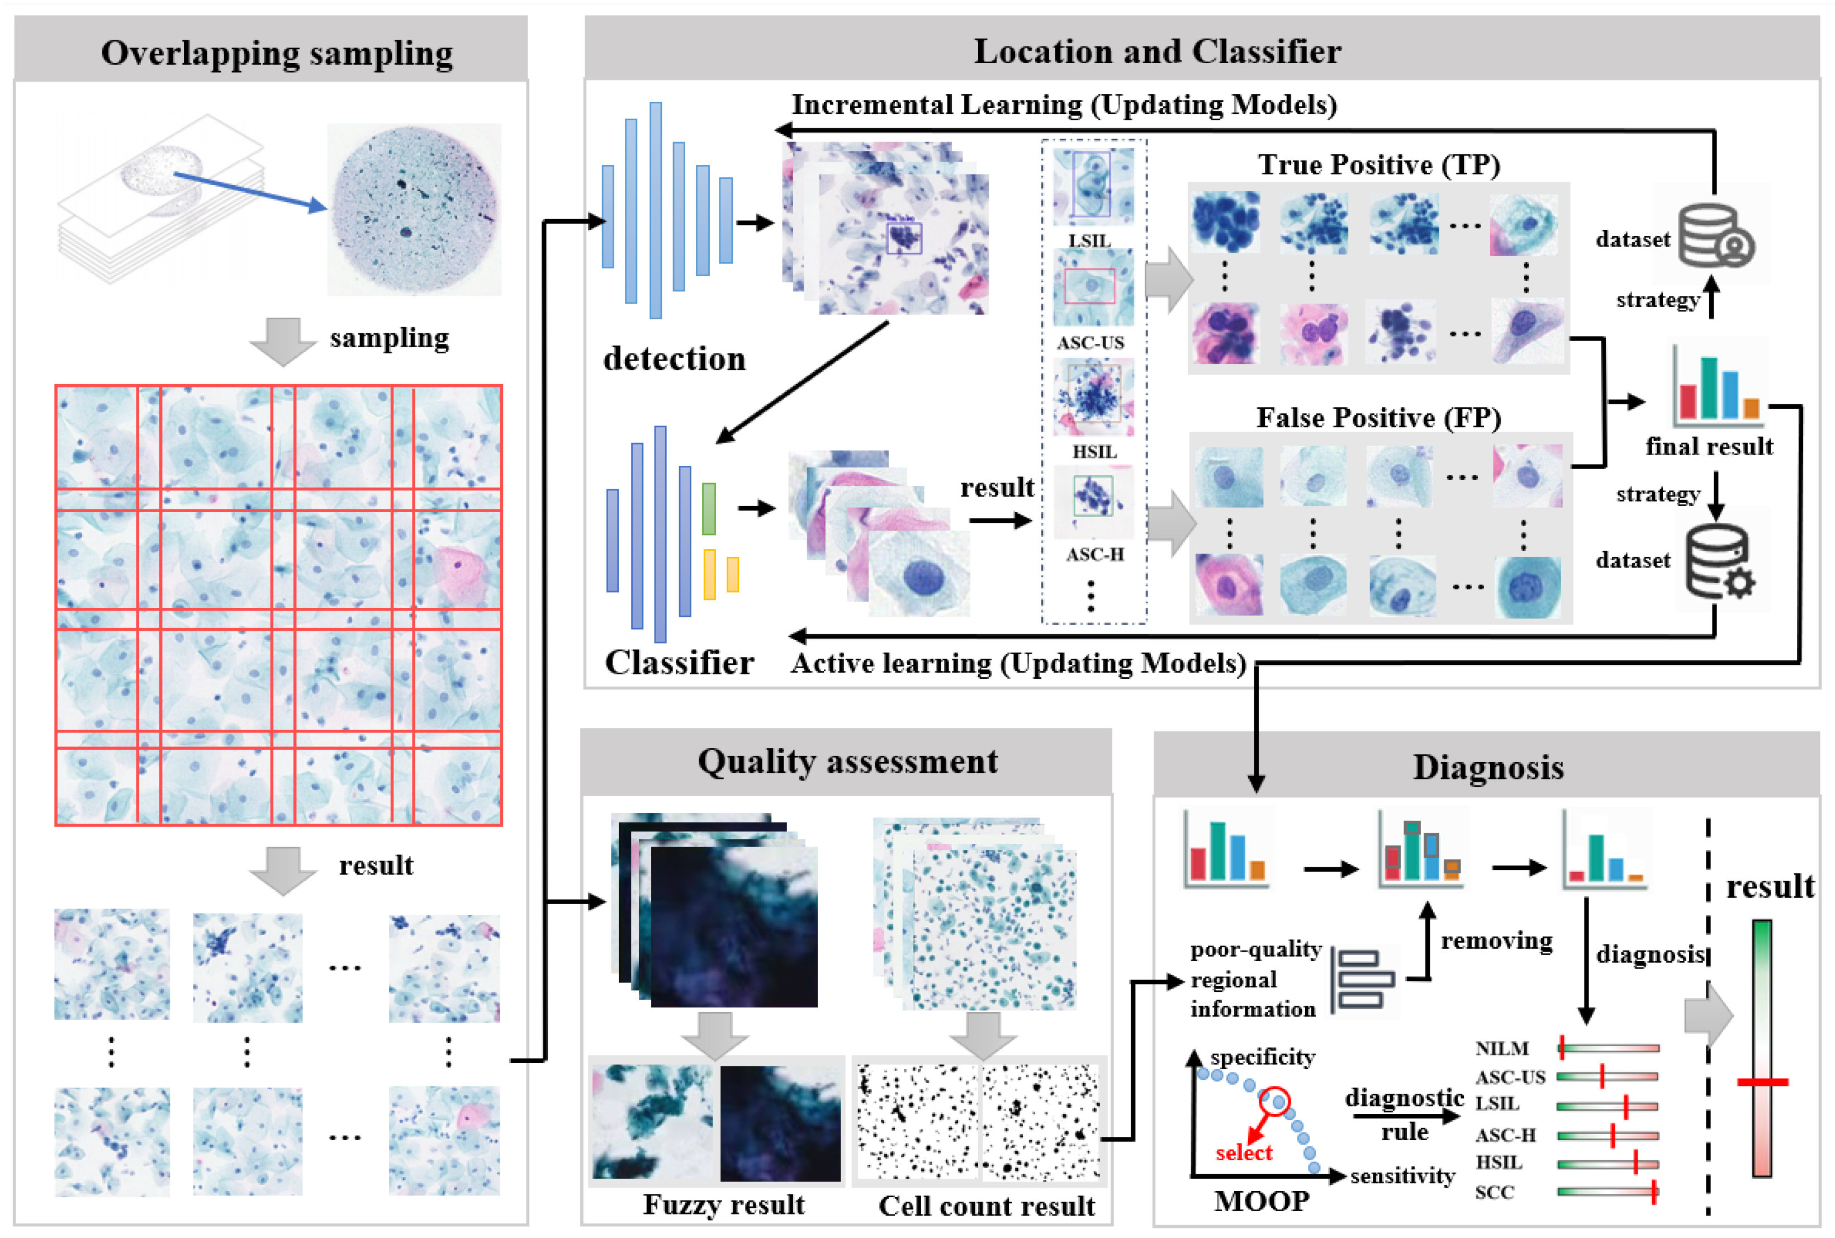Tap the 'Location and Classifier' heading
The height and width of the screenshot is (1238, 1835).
[1156, 51]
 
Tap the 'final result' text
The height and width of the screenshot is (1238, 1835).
[1708, 447]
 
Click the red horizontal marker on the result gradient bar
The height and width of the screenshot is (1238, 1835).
[1762, 1081]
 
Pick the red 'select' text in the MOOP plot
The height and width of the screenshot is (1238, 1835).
[1243, 1153]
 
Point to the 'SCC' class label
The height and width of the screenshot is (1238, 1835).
[1494, 1192]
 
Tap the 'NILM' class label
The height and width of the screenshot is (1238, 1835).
[1501, 1048]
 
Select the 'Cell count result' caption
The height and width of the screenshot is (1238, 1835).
[986, 1206]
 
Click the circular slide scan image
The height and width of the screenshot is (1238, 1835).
[414, 209]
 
